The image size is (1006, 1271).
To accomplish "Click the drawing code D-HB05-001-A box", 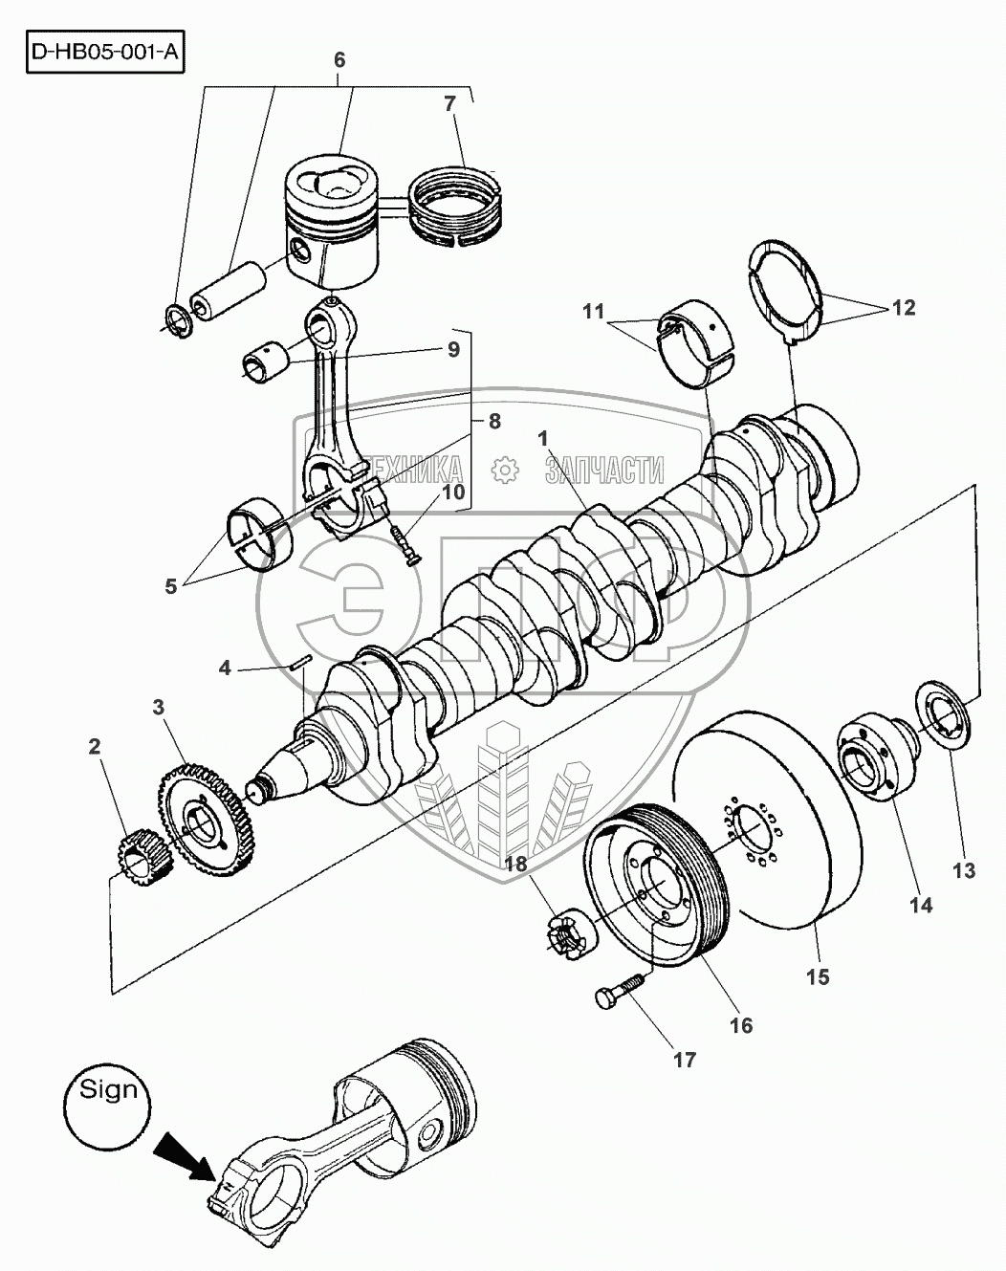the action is [x=105, y=52].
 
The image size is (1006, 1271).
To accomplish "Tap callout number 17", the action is [x=686, y=1060].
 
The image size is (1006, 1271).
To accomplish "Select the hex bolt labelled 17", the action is [x=619, y=992].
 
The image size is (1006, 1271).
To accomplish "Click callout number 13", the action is [x=964, y=870].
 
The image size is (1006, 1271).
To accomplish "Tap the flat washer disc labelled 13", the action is [x=944, y=715].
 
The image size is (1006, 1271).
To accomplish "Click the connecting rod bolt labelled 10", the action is [x=405, y=545].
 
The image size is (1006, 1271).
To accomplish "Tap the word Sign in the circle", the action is [x=108, y=1089].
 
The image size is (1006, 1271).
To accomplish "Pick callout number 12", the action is [x=904, y=308].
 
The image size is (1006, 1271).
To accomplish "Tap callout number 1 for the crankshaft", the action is [x=543, y=438].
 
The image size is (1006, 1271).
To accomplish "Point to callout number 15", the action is [x=819, y=976].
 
